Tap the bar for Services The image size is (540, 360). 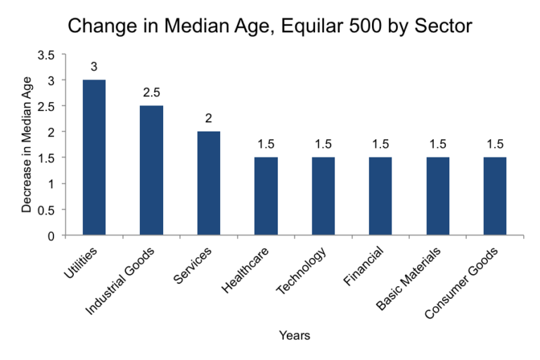[x=209, y=184]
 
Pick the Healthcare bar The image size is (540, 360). [x=266, y=196]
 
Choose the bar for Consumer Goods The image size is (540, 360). [x=494, y=196]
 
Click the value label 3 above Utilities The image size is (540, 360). [x=94, y=67]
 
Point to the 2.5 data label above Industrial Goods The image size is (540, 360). [x=151, y=93]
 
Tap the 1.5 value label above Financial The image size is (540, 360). [x=380, y=144]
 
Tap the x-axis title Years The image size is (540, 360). [x=294, y=335]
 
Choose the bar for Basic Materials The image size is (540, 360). [x=437, y=196]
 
